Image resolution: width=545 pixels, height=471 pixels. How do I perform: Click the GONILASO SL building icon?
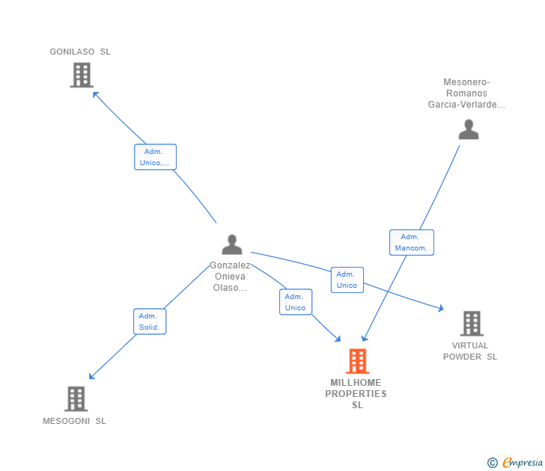(x=82, y=75)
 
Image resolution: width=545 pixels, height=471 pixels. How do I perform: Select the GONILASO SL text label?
(x=80, y=52)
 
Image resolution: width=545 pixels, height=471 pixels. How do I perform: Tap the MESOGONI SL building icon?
(x=76, y=398)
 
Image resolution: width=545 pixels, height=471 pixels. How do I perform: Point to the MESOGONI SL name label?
(x=74, y=421)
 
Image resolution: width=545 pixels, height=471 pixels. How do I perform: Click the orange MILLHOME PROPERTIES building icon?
(x=357, y=361)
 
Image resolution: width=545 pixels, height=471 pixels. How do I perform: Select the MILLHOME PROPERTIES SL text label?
(x=356, y=394)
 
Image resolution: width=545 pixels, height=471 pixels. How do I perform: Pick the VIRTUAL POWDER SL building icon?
(x=471, y=324)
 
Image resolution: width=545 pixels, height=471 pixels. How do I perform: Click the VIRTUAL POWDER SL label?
(x=470, y=351)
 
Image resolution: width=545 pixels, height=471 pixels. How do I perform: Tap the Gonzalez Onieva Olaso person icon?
(x=232, y=244)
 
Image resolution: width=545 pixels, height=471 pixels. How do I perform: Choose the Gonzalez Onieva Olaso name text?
(x=230, y=277)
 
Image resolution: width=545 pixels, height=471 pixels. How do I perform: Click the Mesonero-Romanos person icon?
(x=469, y=129)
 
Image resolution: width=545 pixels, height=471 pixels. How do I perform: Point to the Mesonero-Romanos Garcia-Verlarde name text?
(x=466, y=93)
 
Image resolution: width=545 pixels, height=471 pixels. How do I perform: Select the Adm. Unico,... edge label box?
(x=155, y=157)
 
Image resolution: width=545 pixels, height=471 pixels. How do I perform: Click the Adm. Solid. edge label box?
(x=150, y=321)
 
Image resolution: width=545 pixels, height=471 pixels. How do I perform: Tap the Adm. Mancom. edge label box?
(x=412, y=242)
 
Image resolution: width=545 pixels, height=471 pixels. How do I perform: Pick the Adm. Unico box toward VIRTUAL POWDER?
(x=347, y=280)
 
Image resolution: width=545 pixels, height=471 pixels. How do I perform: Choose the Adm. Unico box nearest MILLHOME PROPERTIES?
(x=296, y=302)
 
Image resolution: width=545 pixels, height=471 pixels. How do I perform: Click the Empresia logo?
(x=516, y=463)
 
